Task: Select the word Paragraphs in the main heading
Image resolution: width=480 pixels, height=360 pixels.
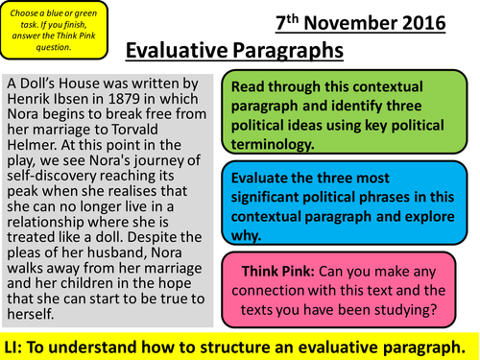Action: pos(288,51)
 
